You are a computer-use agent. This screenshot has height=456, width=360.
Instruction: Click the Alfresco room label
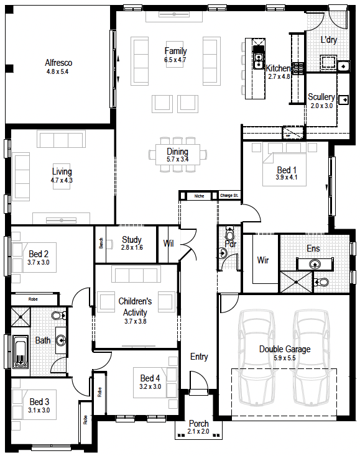(x=58, y=63)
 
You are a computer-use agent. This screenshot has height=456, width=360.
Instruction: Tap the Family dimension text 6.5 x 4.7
(x=175, y=60)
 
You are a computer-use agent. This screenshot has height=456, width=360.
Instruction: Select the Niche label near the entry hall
(x=200, y=196)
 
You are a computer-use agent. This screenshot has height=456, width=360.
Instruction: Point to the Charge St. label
(x=229, y=196)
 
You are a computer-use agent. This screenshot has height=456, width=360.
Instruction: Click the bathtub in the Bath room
(x=21, y=351)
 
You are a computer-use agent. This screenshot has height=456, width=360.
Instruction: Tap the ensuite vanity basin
(x=315, y=264)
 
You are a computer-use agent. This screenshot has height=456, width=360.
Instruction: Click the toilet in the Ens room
(x=321, y=281)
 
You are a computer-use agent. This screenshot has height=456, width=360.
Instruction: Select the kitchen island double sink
(x=258, y=61)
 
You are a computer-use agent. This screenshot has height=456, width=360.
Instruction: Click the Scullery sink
(x=344, y=100)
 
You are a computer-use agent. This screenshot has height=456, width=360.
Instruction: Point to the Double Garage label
(x=285, y=349)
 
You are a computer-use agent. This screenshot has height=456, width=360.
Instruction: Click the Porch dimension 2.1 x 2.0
(x=198, y=431)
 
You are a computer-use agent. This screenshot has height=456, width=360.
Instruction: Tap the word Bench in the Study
(x=101, y=243)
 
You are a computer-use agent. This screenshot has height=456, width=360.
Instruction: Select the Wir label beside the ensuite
(x=263, y=260)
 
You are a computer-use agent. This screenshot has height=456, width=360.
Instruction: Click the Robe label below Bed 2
(x=33, y=299)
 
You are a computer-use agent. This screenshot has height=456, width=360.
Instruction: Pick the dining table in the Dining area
(x=178, y=154)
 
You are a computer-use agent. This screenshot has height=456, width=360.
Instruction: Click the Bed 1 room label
(x=287, y=170)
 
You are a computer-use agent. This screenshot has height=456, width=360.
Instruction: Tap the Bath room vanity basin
(x=61, y=340)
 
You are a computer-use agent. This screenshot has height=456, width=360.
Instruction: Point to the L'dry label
(x=329, y=40)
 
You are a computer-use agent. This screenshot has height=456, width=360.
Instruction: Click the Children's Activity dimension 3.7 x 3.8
(x=136, y=321)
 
